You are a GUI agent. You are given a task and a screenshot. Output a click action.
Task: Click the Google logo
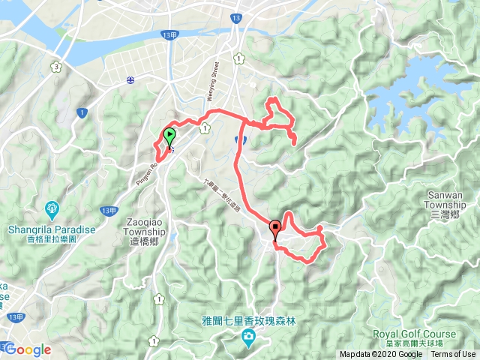tap(28, 349)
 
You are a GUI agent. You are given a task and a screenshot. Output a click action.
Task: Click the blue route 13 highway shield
tap(237, 16)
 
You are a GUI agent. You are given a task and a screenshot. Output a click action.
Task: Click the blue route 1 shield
tap(80, 112)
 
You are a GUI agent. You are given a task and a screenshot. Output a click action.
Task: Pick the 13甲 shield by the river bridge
tap(169, 35)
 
